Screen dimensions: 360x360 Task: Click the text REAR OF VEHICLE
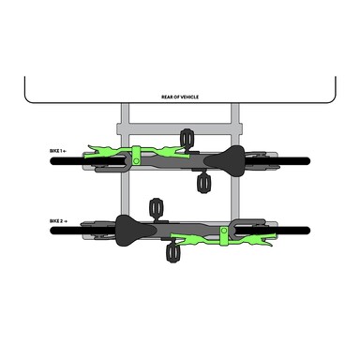pos(180,97)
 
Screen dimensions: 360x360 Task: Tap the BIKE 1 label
pos(55,151)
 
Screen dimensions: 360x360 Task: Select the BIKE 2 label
pos(56,221)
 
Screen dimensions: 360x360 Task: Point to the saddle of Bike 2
pos(135,231)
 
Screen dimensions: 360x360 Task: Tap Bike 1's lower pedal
pos(202,184)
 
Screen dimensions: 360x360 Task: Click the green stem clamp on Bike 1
pos(136,156)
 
